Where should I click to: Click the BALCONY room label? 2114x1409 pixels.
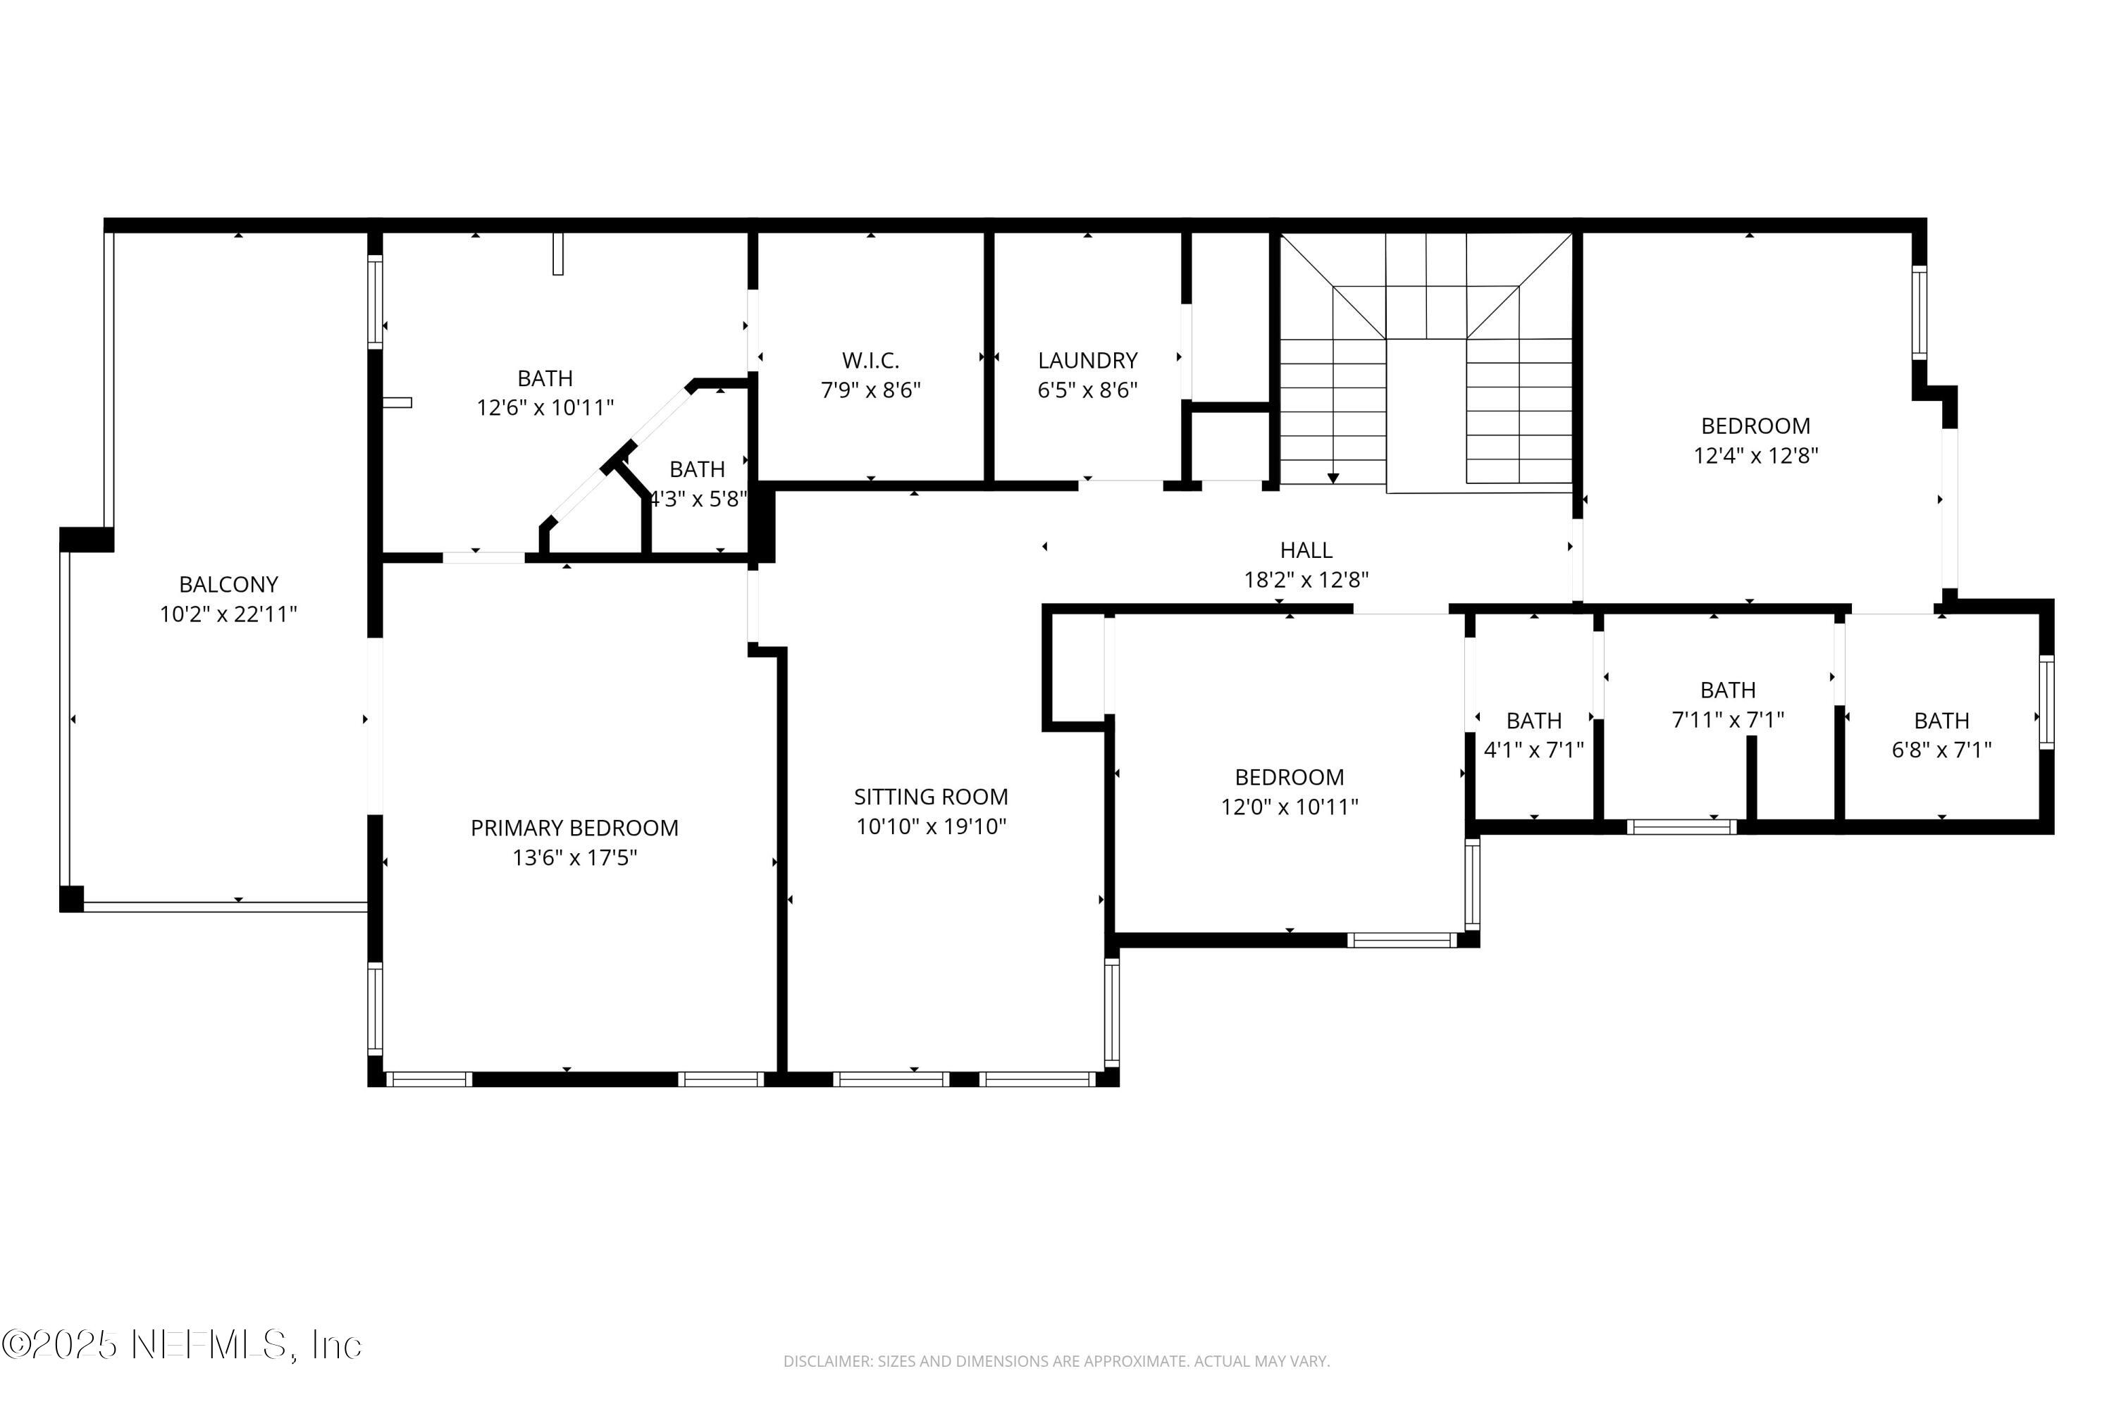[x=228, y=584]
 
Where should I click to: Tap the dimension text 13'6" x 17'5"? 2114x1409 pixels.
[x=574, y=858]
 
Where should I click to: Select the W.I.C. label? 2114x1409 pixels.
[x=870, y=360]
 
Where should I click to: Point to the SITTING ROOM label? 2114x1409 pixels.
[x=930, y=796]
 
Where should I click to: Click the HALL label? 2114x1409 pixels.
[x=1305, y=550]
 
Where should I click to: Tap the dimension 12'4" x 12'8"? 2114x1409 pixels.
[x=1755, y=456]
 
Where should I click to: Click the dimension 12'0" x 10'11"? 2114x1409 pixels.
[x=1289, y=807]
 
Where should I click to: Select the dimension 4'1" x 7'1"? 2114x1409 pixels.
[x=1533, y=750]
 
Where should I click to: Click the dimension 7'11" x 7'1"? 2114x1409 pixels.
[x=1728, y=720]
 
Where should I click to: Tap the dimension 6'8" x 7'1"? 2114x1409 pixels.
[x=1941, y=750]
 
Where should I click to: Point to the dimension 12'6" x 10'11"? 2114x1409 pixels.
[x=545, y=408]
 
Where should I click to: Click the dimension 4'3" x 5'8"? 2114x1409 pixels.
[x=698, y=499]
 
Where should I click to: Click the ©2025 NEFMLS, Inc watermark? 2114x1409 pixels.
[x=182, y=1344]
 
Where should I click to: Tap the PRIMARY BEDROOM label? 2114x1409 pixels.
[x=574, y=828]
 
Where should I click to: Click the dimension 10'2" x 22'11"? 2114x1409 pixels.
[x=228, y=614]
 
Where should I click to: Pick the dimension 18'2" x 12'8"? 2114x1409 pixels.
[x=1305, y=580]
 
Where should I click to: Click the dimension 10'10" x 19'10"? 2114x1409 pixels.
[x=930, y=826]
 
